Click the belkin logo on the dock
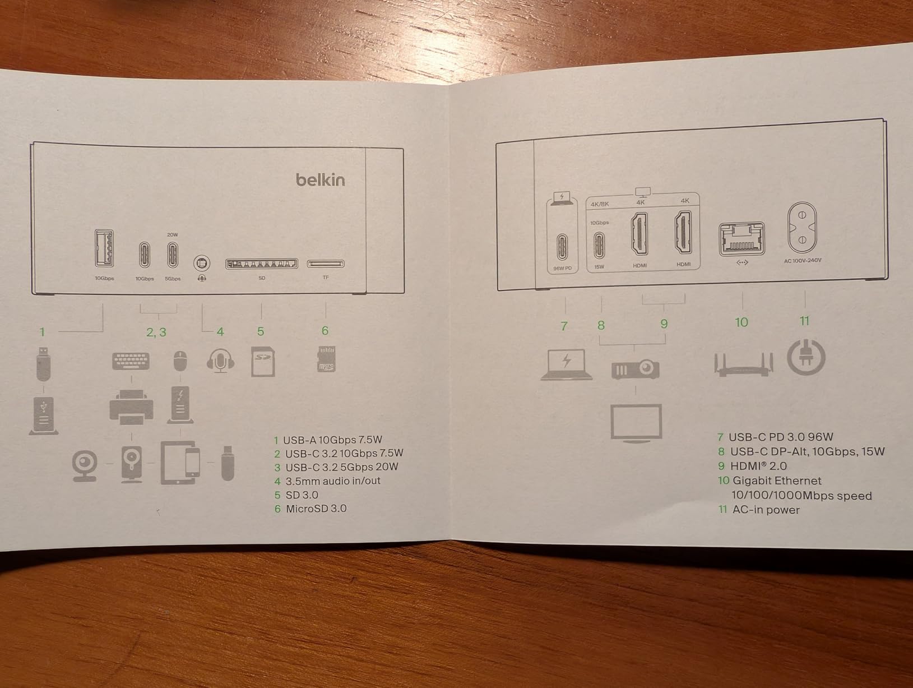coord(320,179)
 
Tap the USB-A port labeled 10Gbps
coord(104,248)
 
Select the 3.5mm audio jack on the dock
coord(202,263)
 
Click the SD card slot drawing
coord(262,264)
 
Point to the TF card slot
coord(326,264)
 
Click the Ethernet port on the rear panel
coord(741,238)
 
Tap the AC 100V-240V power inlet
coord(802,227)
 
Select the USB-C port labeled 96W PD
coord(562,247)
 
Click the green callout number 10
coord(741,322)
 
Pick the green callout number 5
coord(261,331)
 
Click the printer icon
coord(132,407)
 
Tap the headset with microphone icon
coord(220,361)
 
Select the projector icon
coord(635,368)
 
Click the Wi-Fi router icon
coord(744,364)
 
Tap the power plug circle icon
coord(806,357)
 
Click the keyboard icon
coord(131,361)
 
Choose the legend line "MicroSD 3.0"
coord(316,509)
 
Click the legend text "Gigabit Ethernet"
coord(777,481)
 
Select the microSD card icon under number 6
coord(327,359)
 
